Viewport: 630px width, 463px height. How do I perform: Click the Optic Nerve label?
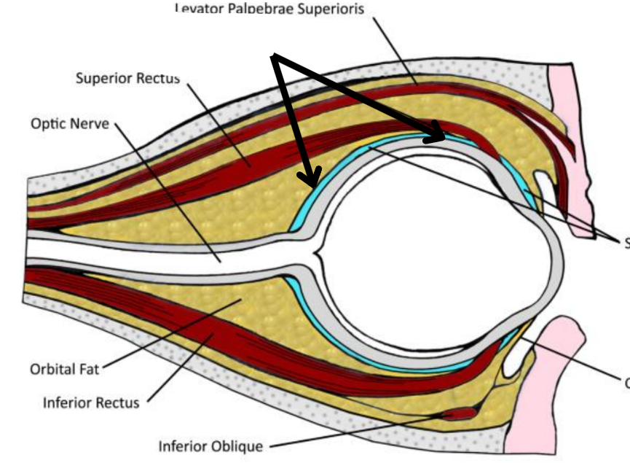point(69,123)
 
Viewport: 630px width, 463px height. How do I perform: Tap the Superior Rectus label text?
point(127,78)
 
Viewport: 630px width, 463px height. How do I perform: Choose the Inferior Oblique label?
point(211,445)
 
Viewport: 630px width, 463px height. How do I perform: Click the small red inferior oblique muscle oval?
point(458,413)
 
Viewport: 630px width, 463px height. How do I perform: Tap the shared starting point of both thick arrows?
point(275,56)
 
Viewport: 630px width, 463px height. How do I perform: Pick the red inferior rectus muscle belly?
point(218,343)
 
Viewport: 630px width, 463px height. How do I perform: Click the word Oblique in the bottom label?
point(238,445)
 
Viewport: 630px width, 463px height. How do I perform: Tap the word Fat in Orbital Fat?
point(87,368)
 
